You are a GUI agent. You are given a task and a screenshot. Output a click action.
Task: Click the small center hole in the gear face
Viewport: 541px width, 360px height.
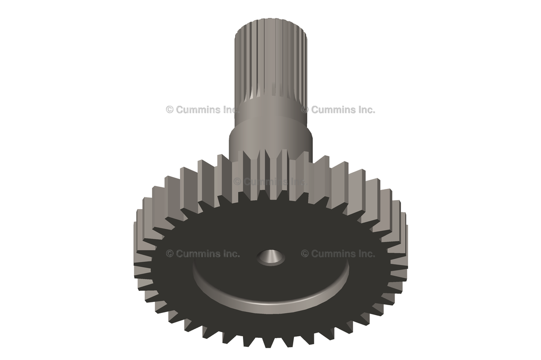tap(271, 258)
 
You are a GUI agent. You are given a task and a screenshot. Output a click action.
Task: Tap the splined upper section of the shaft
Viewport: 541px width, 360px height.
tap(270, 63)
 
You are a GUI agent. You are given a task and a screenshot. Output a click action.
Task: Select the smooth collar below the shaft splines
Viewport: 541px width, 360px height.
tap(270, 132)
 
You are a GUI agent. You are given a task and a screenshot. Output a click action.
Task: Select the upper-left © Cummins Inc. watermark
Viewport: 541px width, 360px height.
tap(203, 110)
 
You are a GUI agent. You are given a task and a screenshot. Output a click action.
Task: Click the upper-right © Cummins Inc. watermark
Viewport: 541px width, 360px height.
tap(338, 110)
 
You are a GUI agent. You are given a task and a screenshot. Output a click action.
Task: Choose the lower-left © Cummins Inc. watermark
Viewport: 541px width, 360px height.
tap(203, 253)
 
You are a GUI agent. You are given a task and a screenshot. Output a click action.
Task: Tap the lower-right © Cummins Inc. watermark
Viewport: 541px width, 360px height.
tap(338, 253)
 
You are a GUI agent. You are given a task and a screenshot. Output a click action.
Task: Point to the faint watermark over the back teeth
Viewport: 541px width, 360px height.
tap(269, 181)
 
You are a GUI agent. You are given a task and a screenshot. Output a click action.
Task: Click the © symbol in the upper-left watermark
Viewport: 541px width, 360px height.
tap(170, 110)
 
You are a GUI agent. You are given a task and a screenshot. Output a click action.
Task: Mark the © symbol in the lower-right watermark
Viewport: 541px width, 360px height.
tap(305, 253)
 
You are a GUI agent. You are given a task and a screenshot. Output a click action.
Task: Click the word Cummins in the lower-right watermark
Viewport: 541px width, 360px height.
tap(333, 253)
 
